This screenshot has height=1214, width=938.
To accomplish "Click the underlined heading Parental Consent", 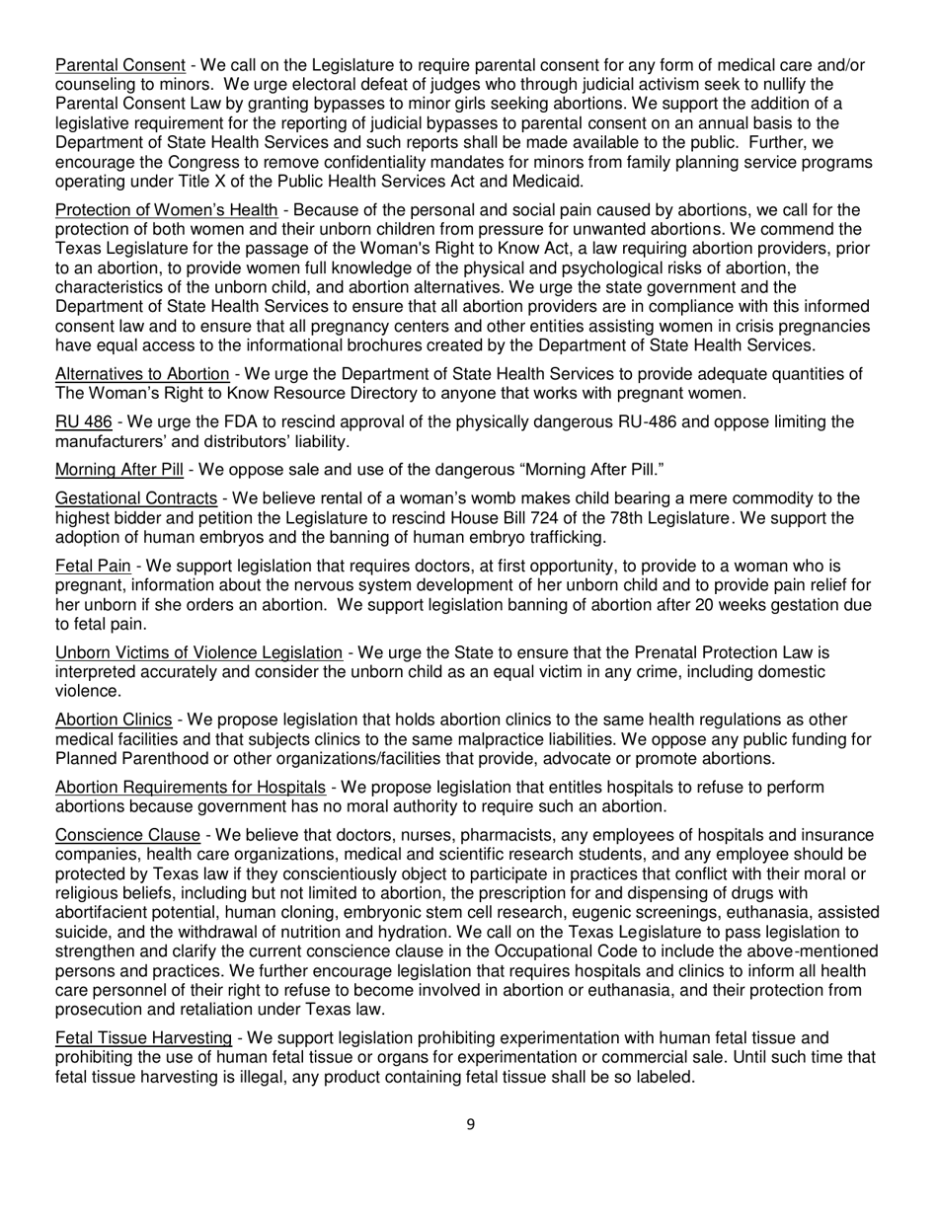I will (119, 66).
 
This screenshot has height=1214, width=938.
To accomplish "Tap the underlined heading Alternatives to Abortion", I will (142, 374).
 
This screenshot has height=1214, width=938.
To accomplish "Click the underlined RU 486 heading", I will (83, 422).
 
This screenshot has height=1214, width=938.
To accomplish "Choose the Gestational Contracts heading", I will (136, 498).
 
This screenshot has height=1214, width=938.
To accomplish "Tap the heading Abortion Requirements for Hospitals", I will (191, 787).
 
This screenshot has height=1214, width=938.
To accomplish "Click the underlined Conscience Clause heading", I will (127, 835).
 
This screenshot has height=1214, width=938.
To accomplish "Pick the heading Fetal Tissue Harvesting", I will (144, 1037).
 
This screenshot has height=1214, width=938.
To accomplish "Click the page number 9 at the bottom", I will (470, 1123).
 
